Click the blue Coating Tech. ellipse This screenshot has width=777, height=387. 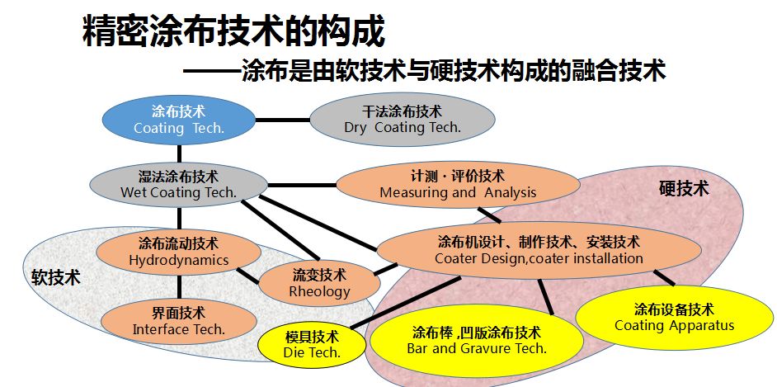coord(179,120)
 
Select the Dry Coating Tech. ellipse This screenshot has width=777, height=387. coord(402,120)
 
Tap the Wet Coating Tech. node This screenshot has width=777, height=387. coord(178,184)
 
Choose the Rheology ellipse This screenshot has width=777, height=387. coord(319,282)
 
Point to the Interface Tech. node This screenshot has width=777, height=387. coord(178,320)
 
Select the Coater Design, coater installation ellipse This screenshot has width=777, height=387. coord(538,250)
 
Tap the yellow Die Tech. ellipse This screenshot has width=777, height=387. coord(312,344)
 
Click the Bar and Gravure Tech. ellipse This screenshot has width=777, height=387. coord(476,340)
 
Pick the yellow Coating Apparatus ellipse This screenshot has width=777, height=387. coord(673,317)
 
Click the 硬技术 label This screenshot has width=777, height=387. coord(684,188)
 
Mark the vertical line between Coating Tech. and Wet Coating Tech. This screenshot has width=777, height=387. coord(178,153)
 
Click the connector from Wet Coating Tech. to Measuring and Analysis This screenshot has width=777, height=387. coord(302,184)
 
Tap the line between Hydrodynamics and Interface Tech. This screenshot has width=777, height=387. coord(178,286)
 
